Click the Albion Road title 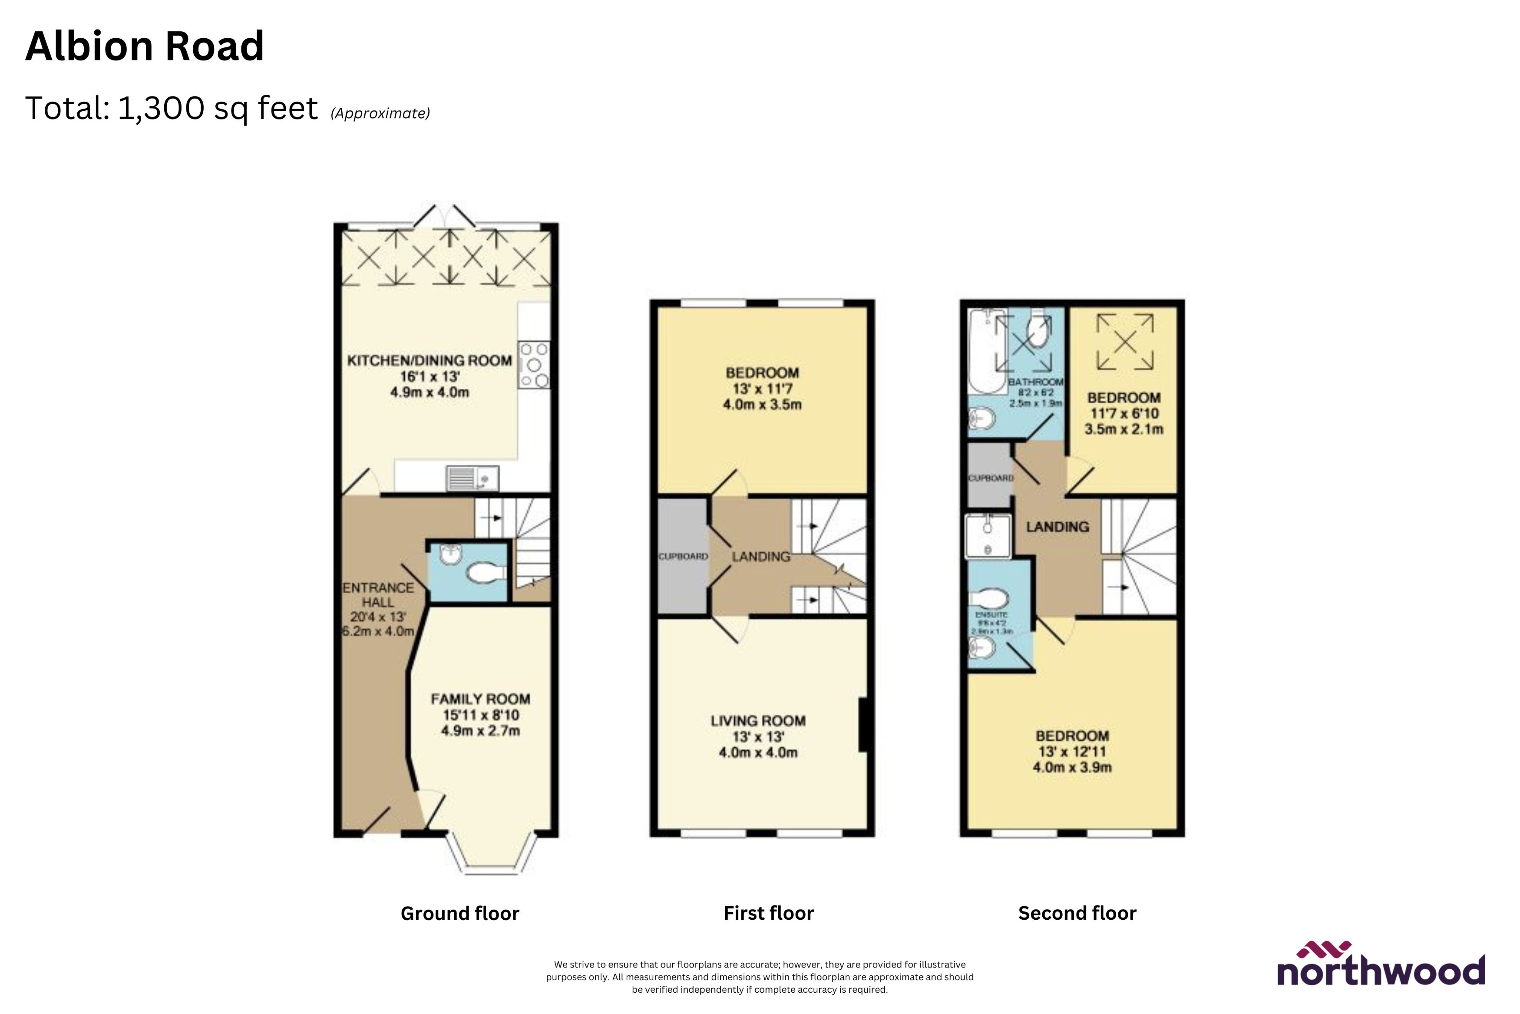[x=144, y=46]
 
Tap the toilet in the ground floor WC [x=485, y=572]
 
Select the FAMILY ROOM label [x=480, y=699]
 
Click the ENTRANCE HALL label [x=378, y=595]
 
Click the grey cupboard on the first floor [x=682, y=556]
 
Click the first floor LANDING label [x=760, y=557]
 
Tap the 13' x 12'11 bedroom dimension [x=1072, y=752]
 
